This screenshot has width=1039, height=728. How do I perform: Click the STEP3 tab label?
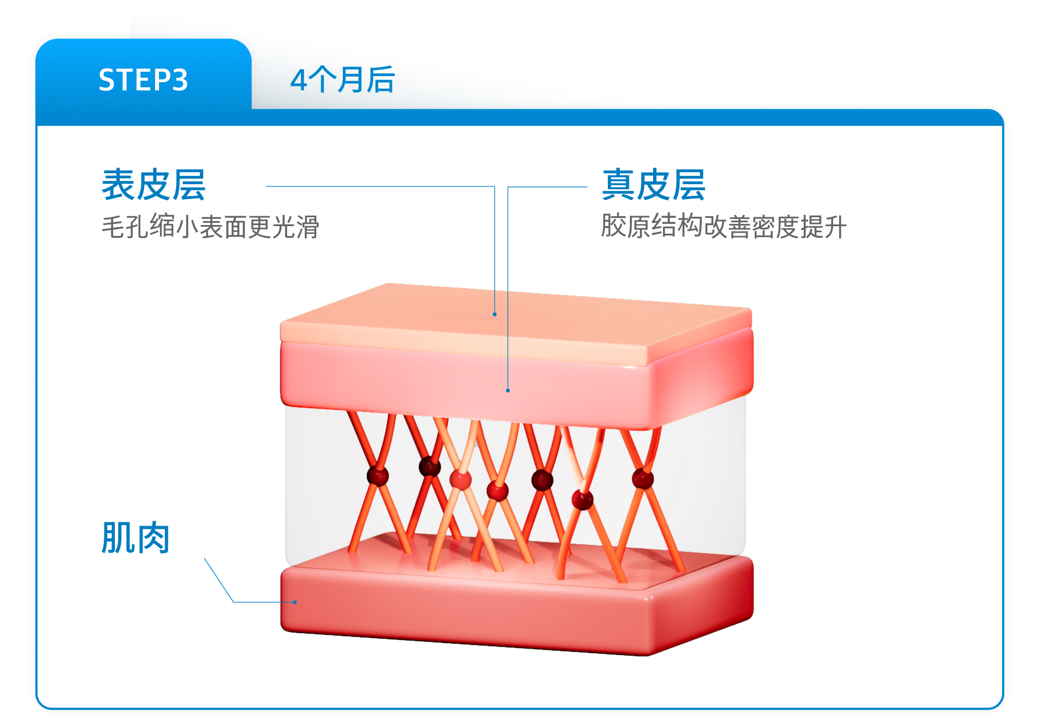[143, 80]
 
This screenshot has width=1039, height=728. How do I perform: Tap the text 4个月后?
[342, 80]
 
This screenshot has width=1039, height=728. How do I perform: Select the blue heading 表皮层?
[153, 185]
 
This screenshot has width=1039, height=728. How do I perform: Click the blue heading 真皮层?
[654, 185]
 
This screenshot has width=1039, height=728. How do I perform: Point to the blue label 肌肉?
[135, 538]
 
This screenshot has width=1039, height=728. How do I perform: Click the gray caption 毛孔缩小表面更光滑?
[210, 227]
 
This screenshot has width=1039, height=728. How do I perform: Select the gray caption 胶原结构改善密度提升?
[723, 226]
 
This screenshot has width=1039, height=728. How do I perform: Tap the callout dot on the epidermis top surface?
[495, 314]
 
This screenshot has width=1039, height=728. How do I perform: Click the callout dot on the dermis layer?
[508, 390]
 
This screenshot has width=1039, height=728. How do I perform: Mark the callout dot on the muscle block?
[295, 602]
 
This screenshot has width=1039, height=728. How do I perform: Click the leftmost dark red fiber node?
[378, 476]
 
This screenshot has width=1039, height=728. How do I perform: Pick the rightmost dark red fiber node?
[643, 479]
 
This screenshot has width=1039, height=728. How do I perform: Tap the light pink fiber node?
[460, 479]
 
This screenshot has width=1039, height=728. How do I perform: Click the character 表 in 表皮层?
[119, 185]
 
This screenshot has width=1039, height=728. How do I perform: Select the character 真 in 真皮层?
[619, 185]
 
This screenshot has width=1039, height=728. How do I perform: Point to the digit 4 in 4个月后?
[298, 81]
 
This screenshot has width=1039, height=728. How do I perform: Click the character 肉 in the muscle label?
[153, 538]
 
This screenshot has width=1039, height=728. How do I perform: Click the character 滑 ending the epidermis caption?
[308, 227]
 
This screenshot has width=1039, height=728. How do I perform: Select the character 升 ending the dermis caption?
[835, 226]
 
